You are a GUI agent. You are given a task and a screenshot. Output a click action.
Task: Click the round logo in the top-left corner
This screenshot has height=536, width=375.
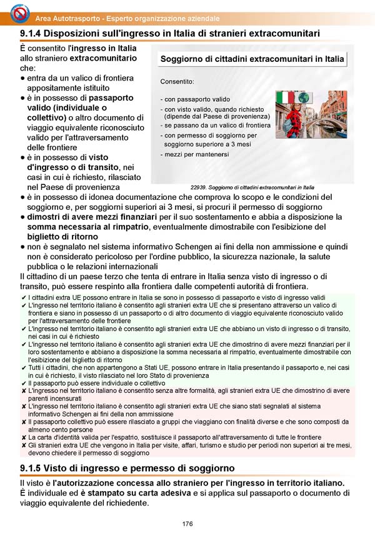tap(13, 12)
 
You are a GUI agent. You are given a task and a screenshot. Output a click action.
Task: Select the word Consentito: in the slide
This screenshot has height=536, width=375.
tap(177, 81)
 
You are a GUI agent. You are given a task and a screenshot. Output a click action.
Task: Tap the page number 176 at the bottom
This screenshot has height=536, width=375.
tap(187, 524)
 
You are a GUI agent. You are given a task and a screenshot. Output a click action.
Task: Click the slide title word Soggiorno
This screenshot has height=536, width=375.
tap(185, 59)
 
